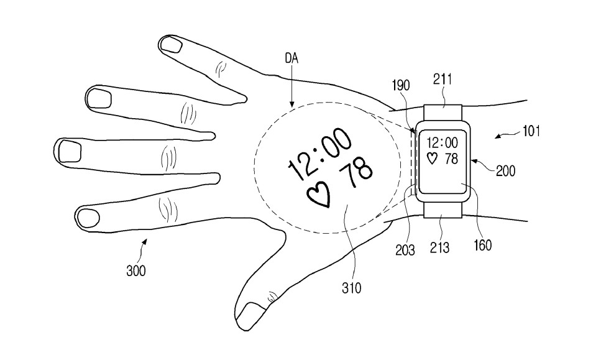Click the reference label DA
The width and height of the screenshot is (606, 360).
pos(292,59)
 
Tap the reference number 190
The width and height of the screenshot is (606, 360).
pos(400,85)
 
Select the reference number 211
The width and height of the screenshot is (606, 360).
pos(443,80)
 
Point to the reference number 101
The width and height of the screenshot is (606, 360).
pos(531,131)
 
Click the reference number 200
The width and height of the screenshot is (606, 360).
pos(505,170)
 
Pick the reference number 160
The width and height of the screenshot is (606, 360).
pos(482,245)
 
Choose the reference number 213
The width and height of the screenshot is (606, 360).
pos(440,247)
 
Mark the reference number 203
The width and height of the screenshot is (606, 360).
pos(405,250)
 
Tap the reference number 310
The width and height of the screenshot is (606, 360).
pos(352,287)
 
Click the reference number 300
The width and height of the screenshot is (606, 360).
pos(136,270)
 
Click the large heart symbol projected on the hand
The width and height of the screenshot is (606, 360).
pos(319,195)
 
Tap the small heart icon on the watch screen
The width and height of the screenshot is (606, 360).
pos(432,159)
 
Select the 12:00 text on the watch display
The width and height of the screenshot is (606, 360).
pos(443,143)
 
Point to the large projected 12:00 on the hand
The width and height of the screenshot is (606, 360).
pos(319,154)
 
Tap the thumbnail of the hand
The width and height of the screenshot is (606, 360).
pos(250,315)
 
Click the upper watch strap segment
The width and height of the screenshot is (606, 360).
pos(443,113)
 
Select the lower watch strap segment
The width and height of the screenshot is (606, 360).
pos(443,210)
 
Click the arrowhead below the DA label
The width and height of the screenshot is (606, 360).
pos(292,104)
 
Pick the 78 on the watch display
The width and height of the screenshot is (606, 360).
pos(451,159)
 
